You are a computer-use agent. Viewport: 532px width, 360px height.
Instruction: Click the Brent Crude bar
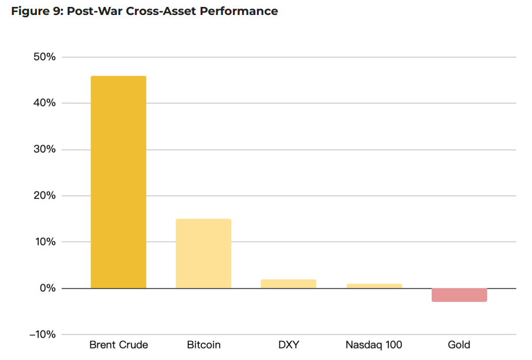pos(118,182)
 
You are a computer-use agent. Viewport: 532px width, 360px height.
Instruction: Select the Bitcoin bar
pos(203,253)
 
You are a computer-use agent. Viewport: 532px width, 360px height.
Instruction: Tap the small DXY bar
pos(288,284)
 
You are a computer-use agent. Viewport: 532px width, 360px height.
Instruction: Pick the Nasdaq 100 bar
pos(373,286)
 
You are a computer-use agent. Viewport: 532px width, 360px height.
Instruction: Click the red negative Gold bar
pos(459,295)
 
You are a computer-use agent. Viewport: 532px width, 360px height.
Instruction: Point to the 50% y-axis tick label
pos(44,57)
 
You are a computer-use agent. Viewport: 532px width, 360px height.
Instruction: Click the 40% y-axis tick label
pos(44,103)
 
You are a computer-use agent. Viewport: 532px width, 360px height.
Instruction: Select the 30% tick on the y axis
pos(44,150)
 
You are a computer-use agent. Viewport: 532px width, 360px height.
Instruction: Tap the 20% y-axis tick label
pos(44,196)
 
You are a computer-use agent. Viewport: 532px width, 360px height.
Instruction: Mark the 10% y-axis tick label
pos(44,242)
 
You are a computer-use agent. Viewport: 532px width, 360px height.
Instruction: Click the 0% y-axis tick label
pos(47,288)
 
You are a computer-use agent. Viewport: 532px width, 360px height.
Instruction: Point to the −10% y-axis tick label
pos(41,335)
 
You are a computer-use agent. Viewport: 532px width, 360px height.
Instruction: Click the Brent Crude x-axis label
pos(118,345)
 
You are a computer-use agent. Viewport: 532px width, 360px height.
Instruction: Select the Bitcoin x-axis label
pos(203,345)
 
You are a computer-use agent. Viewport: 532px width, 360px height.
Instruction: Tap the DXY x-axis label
pos(288,345)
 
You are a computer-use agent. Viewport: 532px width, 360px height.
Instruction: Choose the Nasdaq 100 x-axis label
pos(373,345)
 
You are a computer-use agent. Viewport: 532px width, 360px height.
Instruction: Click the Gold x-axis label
pos(459,345)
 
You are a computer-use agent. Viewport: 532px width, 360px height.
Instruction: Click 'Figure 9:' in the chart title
pos(37,12)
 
